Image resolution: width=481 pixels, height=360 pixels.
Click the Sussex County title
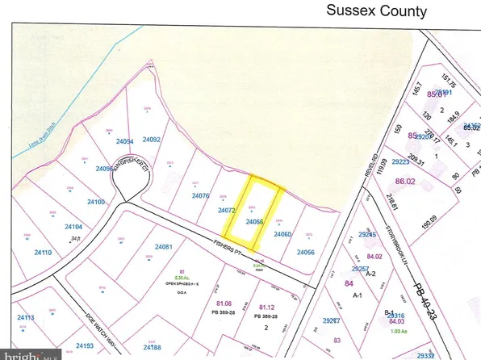coord(376,11)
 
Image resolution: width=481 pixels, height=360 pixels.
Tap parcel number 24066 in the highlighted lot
coord(255,221)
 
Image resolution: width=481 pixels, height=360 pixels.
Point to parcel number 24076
coord(201,196)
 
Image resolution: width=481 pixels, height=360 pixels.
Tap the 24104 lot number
coord(73,227)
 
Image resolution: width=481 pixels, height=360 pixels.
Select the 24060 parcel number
coord(282,234)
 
